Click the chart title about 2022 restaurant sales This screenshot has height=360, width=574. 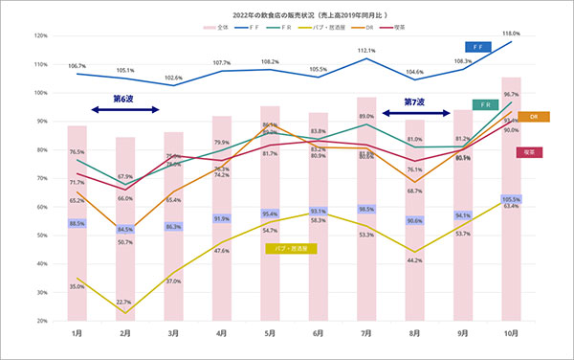287,16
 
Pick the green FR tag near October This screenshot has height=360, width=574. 483,104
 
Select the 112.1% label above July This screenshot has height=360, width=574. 366,51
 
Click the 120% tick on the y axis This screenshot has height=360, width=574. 40,35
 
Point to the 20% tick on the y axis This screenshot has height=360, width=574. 40,321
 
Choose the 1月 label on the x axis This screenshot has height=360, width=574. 77,333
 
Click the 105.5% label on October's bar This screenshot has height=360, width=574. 512,198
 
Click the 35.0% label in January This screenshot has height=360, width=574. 77,285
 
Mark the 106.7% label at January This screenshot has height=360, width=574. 77,65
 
